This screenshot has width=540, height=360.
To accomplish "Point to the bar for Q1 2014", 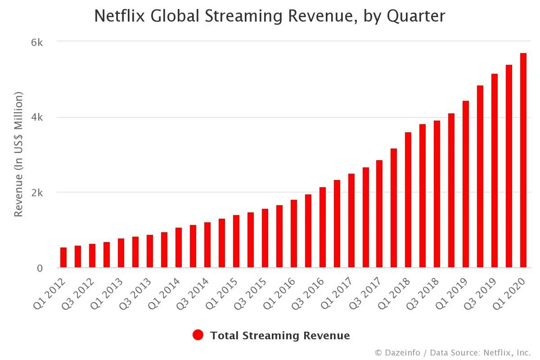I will pyautogui.click(x=179, y=247).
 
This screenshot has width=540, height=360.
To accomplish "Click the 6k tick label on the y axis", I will pyautogui.click(x=36, y=42).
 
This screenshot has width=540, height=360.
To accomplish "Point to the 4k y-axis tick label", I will pyautogui.click(x=36, y=117).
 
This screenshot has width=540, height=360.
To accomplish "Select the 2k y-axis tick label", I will pyautogui.click(x=36, y=193).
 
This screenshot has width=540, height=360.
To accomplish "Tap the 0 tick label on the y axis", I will pyautogui.click(x=40, y=268).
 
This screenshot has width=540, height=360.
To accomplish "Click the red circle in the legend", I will pyautogui.click(x=198, y=335).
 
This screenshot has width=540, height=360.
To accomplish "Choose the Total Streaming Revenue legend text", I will pyautogui.click(x=280, y=336).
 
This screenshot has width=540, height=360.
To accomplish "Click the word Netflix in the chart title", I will pyautogui.click(x=120, y=16).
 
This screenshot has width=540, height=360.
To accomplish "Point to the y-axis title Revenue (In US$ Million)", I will pyautogui.click(x=18, y=154).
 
